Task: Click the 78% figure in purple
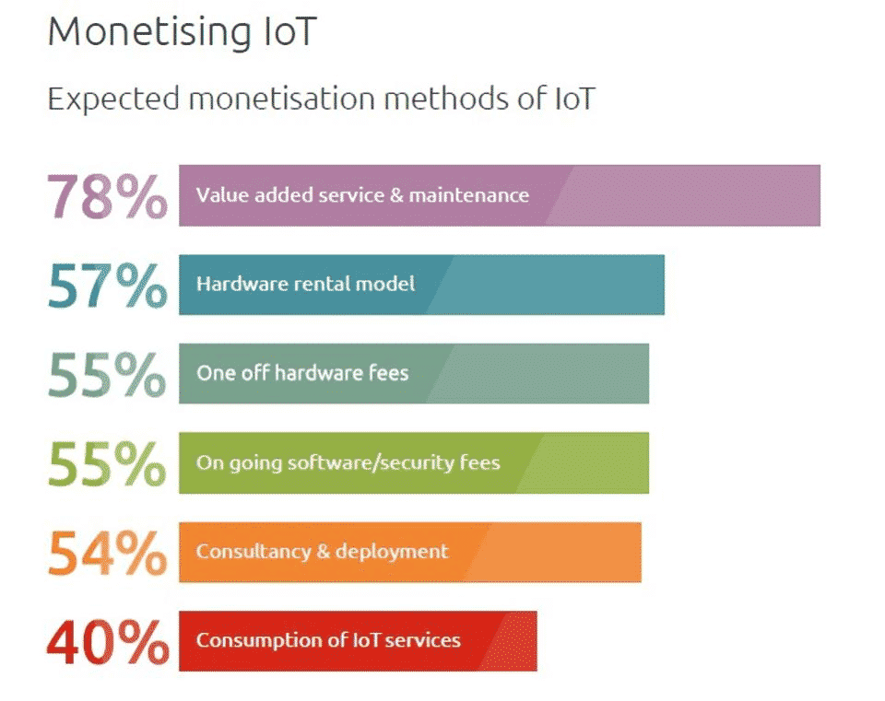(107, 195)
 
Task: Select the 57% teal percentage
(107, 286)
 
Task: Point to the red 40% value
(107, 642)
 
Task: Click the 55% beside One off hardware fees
(107, 375)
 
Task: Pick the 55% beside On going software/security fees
(107, 463)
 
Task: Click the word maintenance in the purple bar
(469, 195)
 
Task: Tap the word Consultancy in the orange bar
(254, 552)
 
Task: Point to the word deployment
(392, 552)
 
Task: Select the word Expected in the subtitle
(113, 99)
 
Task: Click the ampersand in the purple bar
(396, 195)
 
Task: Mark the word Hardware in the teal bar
(242, 283)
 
